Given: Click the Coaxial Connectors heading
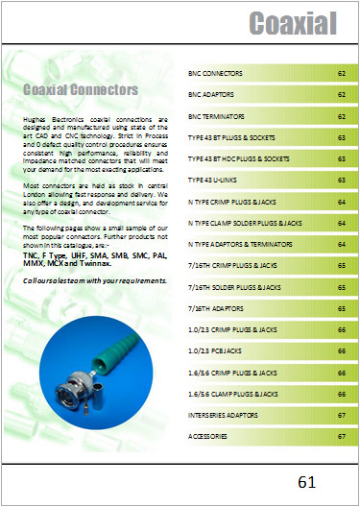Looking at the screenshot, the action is (81, 90).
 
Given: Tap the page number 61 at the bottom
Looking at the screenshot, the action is (306, 481).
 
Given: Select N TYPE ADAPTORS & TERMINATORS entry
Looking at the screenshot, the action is (241, 243).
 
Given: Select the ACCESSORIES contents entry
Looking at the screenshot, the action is (208, 436).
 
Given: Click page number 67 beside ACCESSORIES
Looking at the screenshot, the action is (341, 436).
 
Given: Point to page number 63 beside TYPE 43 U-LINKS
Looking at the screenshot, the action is (341, 180).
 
